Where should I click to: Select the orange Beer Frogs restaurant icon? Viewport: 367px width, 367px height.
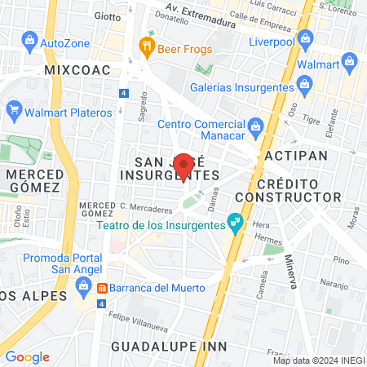[147, 46]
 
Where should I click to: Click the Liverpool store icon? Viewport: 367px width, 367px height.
[305, 38]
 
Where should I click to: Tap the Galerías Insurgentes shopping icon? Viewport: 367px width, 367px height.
[304, 83]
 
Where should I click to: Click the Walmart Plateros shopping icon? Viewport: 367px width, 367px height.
[13, 108]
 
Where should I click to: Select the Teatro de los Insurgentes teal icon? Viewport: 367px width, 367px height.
[235, 221]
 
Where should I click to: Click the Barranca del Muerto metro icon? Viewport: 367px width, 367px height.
[103, 288]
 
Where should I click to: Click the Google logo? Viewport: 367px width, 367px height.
[27, 357]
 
